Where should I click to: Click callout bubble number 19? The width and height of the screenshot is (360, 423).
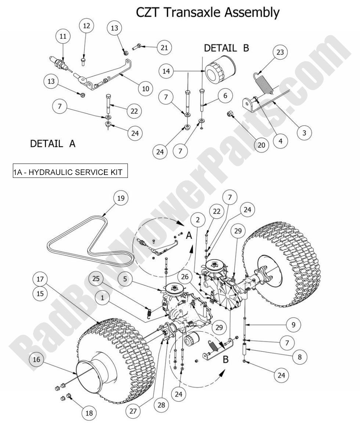click(121, 198)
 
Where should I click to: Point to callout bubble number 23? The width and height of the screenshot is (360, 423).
click(280, 53)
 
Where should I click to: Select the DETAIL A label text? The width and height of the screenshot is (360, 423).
click(53, 144)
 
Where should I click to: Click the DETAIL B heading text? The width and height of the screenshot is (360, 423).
click(226, 49)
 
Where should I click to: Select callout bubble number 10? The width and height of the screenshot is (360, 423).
click(146, 88)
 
